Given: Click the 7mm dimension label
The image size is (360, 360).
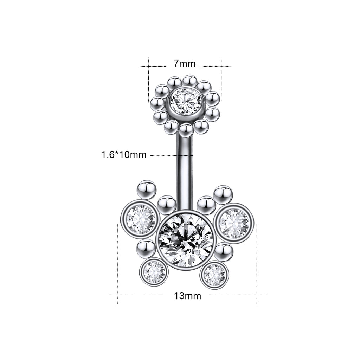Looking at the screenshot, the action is [x=184, y=63].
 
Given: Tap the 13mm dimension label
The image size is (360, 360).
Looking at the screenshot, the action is [x=187, y=296].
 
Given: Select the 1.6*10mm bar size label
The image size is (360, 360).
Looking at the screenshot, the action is [x=124, y=155].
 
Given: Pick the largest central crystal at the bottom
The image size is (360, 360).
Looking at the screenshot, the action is [x=185, y=240].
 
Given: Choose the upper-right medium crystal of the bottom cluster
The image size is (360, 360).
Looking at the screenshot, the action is [x=234, y=223].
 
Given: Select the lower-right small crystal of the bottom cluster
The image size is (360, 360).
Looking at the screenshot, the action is [x=214, y=275].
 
